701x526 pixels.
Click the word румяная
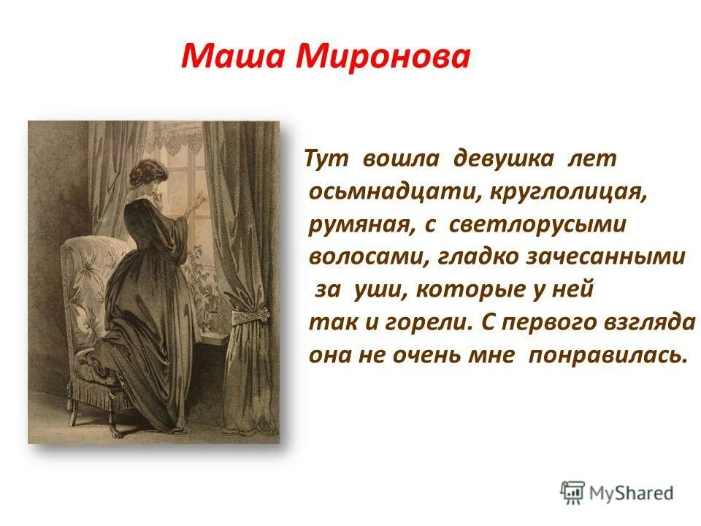(357, 224)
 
